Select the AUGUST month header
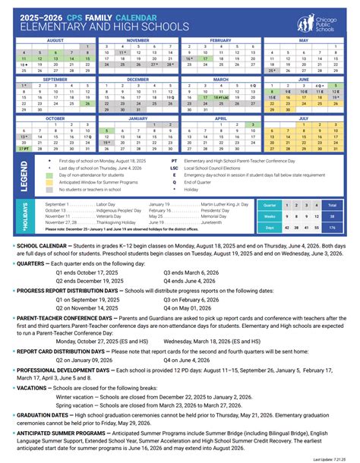pyautogui.click(x=55, y=39)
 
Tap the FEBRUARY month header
pyautogui.click(x=220, y=39)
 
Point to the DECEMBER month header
pyautogui.click(x=137, y=79)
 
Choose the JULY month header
pyautogui.click(x=303, y=118)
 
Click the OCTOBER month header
pyautogui.click(x=55, y=118)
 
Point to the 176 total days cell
pyautogui.click(x=331, y=227)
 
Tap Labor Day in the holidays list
pyautogui.click(x=106, y=205)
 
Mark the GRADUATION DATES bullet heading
pyautogui.click(x=48, y=414)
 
